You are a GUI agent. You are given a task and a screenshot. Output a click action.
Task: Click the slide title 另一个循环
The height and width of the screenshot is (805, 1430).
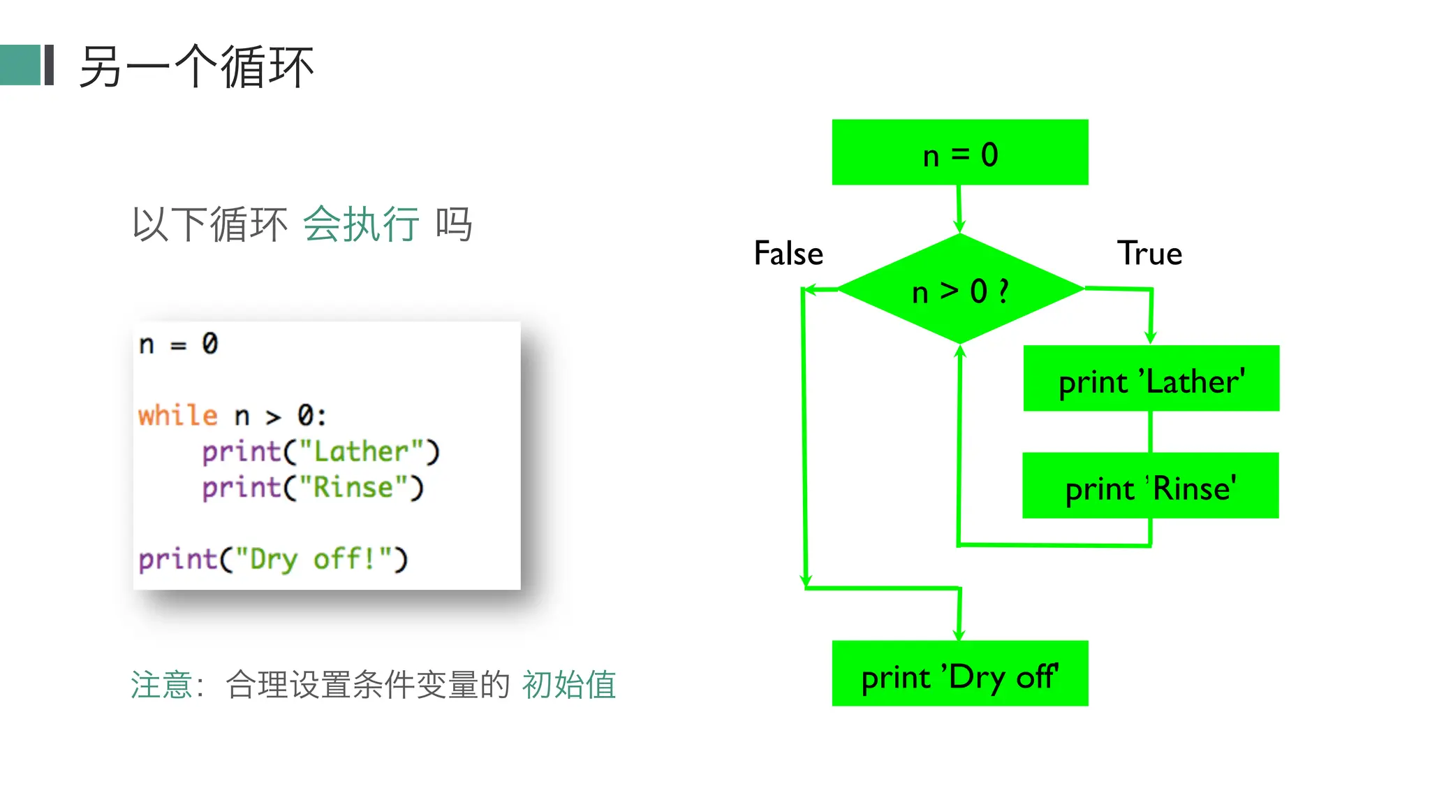(196, 67)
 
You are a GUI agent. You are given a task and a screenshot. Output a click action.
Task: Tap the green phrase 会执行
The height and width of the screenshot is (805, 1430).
(361, 224)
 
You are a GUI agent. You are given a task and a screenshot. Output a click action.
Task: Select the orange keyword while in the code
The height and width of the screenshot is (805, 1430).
(177, 416)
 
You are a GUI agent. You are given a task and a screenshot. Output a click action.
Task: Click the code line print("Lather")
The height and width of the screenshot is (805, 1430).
(320, 451)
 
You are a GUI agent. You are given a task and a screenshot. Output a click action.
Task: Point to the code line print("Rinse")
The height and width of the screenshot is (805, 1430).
(312, 487)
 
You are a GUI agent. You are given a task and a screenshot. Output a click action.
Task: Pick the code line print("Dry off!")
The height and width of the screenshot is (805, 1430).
(272, 559)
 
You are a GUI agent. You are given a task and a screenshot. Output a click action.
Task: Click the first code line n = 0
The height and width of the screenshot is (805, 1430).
(178, 344)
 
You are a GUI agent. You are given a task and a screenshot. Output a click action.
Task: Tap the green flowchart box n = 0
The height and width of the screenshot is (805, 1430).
(959, 152)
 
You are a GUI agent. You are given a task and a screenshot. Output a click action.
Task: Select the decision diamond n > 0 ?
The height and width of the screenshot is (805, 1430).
(960, 289)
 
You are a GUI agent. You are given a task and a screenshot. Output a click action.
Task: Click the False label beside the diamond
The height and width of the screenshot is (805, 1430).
(788, 253)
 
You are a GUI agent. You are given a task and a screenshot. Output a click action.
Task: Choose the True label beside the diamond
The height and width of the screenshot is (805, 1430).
(1149, 253)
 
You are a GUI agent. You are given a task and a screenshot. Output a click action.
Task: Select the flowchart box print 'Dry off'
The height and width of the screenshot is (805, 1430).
(959, 674)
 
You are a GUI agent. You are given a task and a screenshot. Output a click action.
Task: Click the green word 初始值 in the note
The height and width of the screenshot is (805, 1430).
(569, 684)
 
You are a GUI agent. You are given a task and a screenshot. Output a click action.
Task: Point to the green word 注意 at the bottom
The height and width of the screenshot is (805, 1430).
(161, 684)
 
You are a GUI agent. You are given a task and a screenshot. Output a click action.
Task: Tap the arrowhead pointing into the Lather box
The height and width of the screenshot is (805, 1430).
(1150, 338)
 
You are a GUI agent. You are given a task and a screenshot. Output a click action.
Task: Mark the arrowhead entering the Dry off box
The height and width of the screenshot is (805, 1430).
(959, 633)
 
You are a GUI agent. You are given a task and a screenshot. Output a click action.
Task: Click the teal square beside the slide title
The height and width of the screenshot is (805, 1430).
(20, 65)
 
